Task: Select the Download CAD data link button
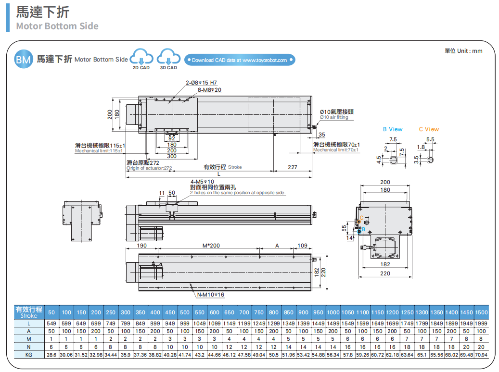(x=239, y=60)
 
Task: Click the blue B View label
(x=393, y=129)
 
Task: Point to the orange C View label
(x=429, y=129)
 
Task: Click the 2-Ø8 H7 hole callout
(x=201, y=83)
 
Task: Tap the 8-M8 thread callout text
(x=209, y=90)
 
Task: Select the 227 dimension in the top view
(x=292, y=167)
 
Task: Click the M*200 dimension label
(x=211, y=246)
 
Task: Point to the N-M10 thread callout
(x=211, y=295)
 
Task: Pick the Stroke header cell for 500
(x=185, y=313)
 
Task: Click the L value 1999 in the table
(x=481, y=323)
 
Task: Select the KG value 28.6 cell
(x=51, y=355)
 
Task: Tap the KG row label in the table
(x=29, y=355)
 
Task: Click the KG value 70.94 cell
(x=481, y=355)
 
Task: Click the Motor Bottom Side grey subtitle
(x=57, y=26)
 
